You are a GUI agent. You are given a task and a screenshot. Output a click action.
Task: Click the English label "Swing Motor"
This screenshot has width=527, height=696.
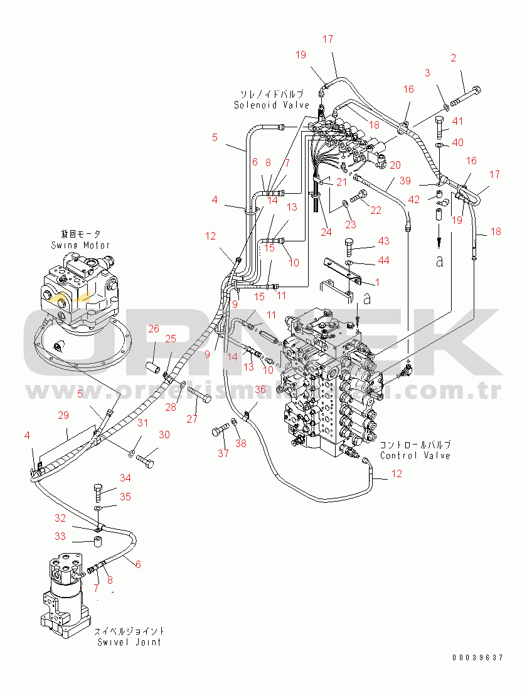point(80,245)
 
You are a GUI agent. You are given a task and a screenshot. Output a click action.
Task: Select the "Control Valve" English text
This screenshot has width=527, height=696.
point(415,455)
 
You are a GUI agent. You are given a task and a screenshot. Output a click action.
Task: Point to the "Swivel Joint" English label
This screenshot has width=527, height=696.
point(129,641)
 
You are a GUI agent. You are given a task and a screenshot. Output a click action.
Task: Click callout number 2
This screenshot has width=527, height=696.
point(453,59)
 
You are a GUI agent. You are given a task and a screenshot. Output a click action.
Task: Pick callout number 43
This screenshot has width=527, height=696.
point(383,241)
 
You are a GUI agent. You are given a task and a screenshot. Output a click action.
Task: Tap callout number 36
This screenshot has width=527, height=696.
point(260,390)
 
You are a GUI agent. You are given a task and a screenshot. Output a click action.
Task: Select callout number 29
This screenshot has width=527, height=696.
point(63,415)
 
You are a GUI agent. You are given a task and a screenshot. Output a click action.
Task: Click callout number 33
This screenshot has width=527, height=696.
point(60,536)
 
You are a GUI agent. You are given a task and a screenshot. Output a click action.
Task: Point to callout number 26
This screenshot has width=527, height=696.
point(154,328)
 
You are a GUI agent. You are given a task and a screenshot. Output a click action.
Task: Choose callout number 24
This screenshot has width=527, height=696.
point(326,231)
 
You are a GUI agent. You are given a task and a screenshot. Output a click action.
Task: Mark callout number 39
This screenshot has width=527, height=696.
point(406,181)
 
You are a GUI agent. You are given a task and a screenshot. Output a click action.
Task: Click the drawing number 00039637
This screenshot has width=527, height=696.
point(477,657)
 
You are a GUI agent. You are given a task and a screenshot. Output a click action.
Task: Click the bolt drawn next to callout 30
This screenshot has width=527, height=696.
point(147,463)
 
